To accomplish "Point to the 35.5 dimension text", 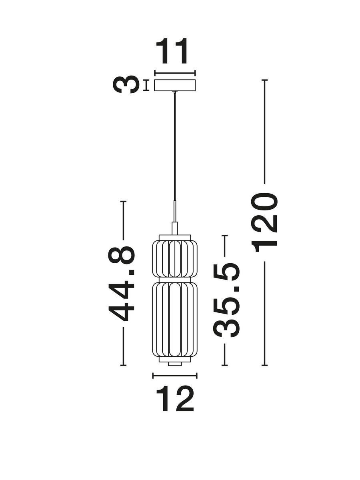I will (226, 300).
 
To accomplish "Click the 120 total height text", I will (265, 222).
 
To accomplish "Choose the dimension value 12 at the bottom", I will (175, 399).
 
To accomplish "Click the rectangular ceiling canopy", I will (175, 85).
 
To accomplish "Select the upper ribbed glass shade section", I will (175, 258).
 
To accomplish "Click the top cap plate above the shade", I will (175, 238).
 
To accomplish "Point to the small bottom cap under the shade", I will (175, 364).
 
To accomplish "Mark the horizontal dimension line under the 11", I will (175, 73).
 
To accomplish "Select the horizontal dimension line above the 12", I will (175, 375).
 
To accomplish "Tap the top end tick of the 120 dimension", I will (264, 80).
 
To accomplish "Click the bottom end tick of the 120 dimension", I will (264, 365).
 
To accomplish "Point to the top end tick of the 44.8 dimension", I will (123, 201).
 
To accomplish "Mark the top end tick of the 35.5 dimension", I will (224, 236).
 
